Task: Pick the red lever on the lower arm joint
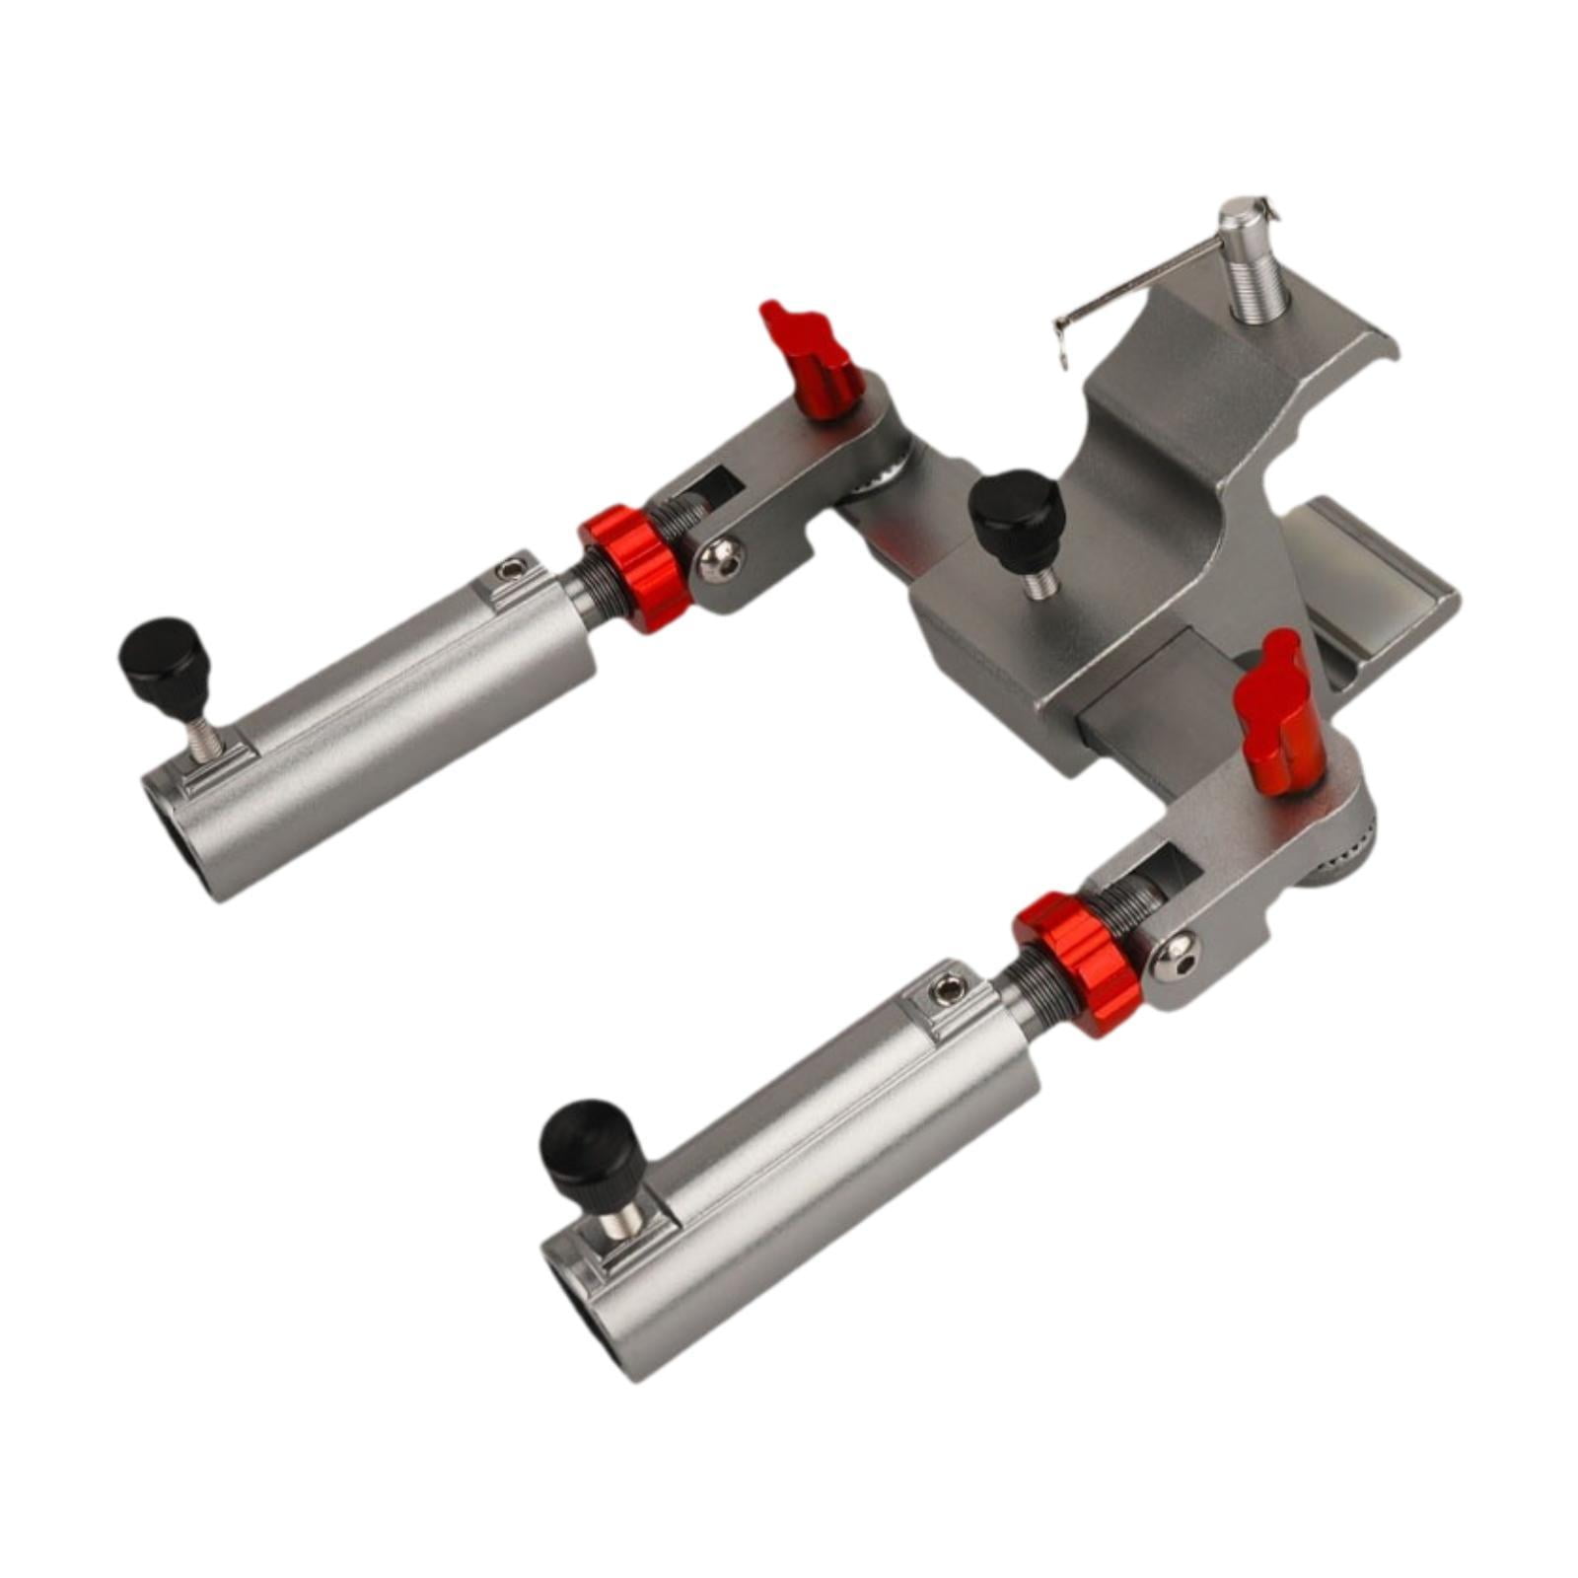coord(1278,709)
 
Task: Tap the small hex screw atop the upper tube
coord(510,570)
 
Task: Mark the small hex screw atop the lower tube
coord(948,986)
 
